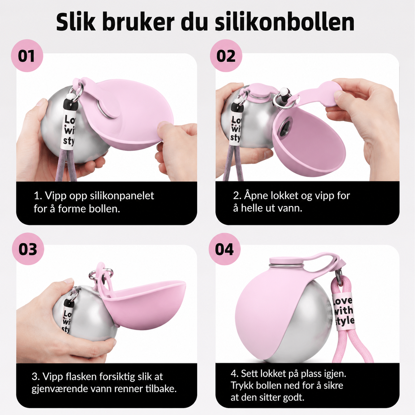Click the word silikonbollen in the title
(285, 23)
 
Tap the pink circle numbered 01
(27, 56)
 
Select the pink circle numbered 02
(226, 56)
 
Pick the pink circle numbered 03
(28, 249)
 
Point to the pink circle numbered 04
(224, 249)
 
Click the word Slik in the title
(76, 23)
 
